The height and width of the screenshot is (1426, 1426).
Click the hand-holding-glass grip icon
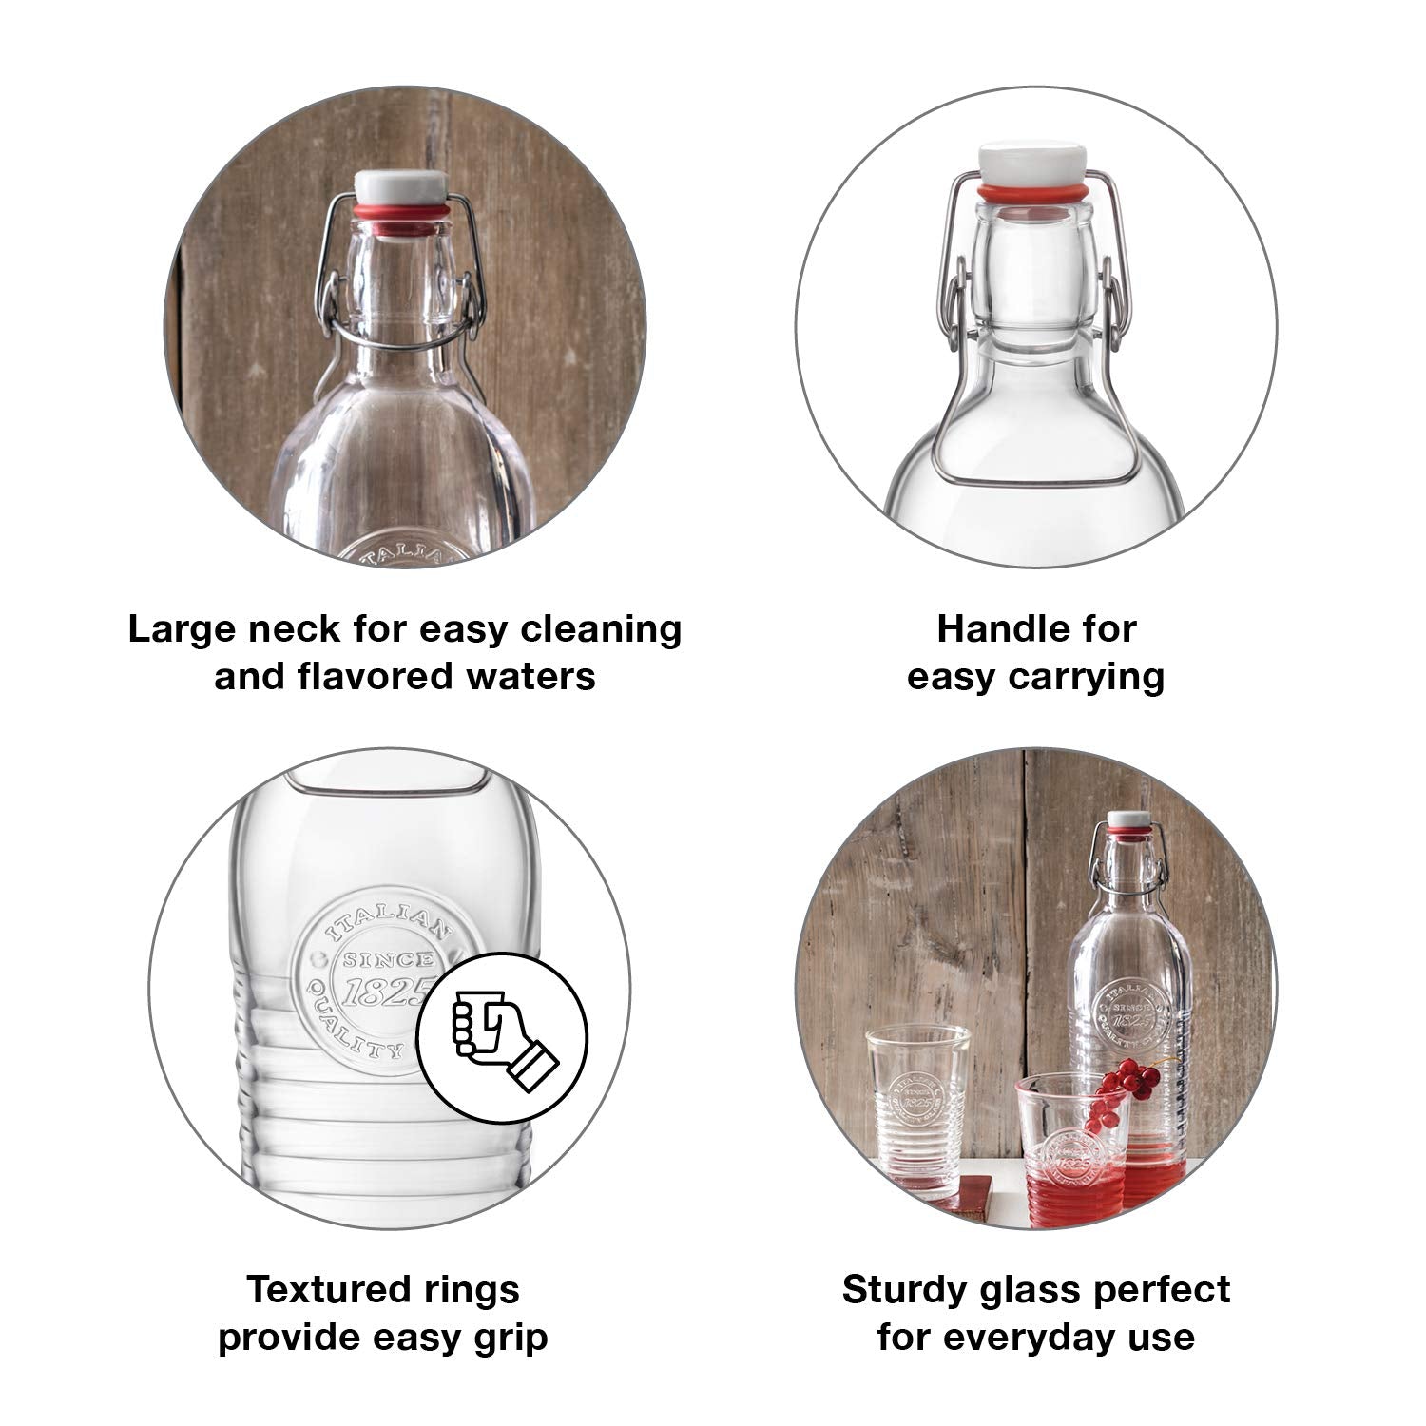pyautogui.click(x=503, y=1035)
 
